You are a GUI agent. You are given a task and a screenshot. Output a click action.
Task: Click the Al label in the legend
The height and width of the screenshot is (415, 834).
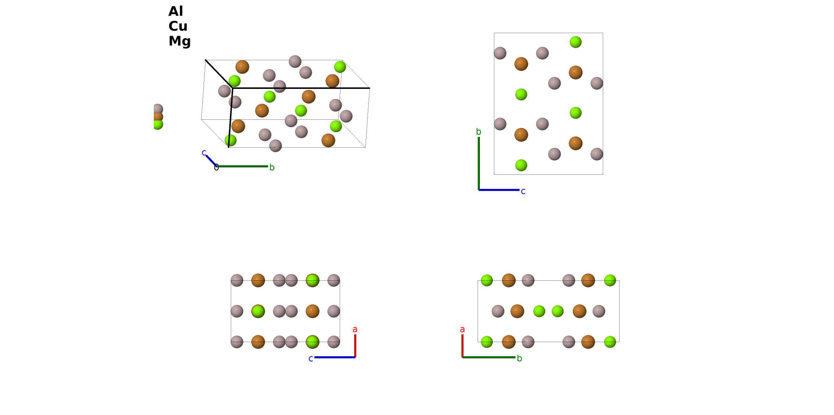coord(176,12)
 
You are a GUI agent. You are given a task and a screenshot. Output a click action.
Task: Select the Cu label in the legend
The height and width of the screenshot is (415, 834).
coord(178,26)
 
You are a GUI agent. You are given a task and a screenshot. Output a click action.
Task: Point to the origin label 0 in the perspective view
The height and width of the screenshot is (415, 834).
coord(216,168)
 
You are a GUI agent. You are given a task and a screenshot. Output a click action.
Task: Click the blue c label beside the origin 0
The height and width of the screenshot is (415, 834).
coord(204,152)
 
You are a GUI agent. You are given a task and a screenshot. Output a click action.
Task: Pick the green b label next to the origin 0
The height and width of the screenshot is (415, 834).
coord(272,167)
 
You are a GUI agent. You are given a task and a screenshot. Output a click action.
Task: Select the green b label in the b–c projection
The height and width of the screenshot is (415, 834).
coord(479,132)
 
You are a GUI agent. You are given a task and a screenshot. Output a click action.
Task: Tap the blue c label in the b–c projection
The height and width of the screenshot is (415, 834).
coord(523,191)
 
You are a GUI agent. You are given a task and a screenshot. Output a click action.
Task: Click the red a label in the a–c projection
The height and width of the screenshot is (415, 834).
coord(355,329)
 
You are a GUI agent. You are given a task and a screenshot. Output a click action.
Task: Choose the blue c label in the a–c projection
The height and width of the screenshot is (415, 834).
coord(311,359)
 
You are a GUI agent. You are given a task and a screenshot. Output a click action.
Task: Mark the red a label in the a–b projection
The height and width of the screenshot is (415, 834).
coord(462,329)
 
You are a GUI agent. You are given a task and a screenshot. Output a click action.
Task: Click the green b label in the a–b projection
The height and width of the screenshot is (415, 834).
coord(520,358)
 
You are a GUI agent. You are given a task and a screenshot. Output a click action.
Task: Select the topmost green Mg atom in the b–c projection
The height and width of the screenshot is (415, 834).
coord(575,42)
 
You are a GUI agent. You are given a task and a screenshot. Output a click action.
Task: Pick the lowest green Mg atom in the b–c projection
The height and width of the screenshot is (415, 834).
coord(521,165)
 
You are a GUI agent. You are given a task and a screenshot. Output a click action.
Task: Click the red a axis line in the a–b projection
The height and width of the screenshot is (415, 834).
coord(462,346)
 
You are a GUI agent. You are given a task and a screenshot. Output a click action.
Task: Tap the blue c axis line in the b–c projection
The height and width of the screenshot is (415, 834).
coord(499,190)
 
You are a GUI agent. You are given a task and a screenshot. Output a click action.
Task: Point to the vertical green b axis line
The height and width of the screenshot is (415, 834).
coord(479,164)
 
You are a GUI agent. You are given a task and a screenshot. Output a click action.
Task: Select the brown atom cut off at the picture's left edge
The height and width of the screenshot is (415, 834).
coord(158,116)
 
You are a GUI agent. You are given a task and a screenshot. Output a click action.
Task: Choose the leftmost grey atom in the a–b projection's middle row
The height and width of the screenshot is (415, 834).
coord(498,311)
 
